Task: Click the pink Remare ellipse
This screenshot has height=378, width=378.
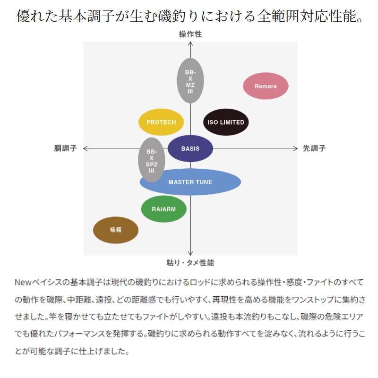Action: [266, 86]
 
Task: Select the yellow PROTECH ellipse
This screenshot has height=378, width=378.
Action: [161, 122]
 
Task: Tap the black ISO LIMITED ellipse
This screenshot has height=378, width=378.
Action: [226, 122]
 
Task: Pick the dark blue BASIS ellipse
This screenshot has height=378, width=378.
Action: [190, 148]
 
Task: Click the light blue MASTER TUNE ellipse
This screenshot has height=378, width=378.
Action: [190, 182]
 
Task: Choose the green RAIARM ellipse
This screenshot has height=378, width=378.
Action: [163, 208]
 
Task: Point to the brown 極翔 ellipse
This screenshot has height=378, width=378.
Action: [116, 230]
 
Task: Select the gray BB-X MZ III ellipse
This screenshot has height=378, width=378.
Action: [190, 80]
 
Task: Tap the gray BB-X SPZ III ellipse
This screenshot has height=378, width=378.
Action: [151, 160]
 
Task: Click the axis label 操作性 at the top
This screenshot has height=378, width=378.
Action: [190, 34]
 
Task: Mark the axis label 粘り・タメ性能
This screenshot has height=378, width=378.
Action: [190, 263]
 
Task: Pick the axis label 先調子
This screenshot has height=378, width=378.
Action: [314, 148]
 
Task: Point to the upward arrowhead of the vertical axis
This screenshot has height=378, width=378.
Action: [190, 44]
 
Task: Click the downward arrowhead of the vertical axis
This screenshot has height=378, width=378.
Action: [190, 253]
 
